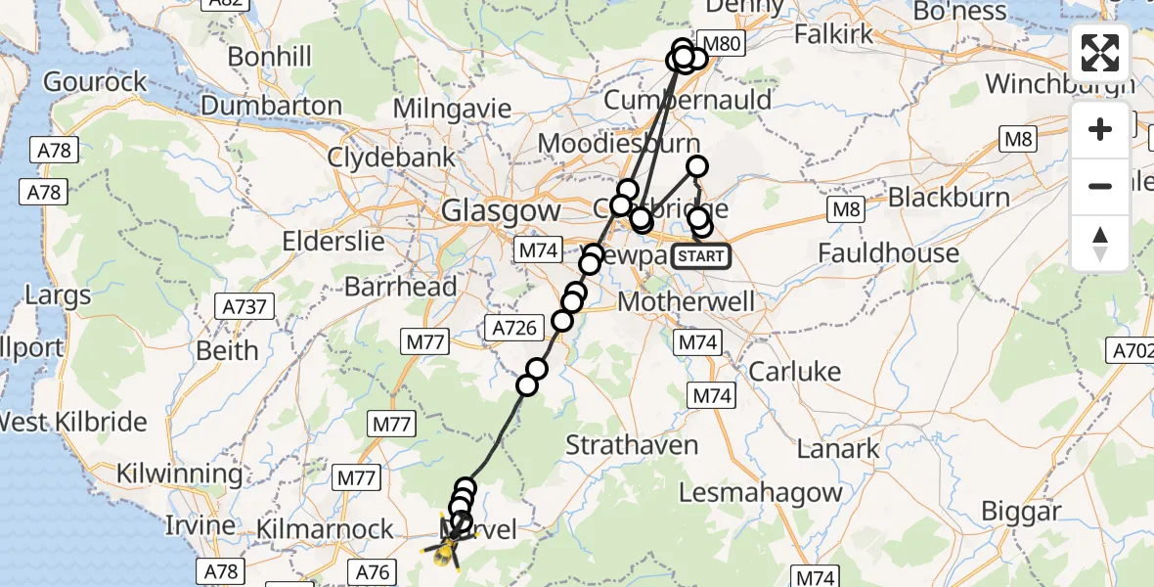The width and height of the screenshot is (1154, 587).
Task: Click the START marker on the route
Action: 701,256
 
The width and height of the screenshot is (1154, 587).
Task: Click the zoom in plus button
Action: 1100,130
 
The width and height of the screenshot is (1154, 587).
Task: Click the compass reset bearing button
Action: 1100,243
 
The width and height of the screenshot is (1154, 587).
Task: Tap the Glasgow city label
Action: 501,210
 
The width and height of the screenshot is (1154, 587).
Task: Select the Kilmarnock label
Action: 324,530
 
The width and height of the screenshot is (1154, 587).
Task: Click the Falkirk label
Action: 833,34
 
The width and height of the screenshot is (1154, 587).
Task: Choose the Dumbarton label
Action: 271,106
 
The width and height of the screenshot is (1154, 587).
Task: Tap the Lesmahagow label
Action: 761,492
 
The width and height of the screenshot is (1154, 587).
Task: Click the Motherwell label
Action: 687,301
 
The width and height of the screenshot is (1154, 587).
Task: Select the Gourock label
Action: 95,81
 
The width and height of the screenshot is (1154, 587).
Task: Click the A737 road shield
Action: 244,307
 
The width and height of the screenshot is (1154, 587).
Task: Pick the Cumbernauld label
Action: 688,100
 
